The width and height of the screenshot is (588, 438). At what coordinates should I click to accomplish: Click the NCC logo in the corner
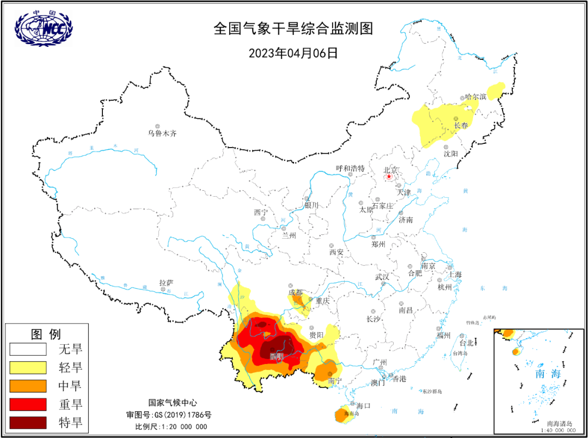click(44, 27)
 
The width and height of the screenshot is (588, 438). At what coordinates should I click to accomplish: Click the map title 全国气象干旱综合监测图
click(293, 28)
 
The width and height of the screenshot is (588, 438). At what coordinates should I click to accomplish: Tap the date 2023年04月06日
click(293, 53)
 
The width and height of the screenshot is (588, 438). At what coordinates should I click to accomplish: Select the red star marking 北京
click(389, 177)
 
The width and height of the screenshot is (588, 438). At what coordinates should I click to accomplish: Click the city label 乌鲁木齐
click(162, 133)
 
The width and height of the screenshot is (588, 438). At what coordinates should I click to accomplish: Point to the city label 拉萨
click(166, 283)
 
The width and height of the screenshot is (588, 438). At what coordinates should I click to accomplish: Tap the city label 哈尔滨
click(475, 96)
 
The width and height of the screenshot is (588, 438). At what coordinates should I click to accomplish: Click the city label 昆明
click(277, 357)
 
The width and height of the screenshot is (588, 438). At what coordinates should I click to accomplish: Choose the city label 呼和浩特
click(350, 168)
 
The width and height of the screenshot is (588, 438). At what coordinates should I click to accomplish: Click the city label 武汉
click(382, 277)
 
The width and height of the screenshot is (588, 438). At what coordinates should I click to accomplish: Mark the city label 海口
click(363, 405)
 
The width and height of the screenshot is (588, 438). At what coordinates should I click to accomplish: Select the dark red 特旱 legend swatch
click(27, 422)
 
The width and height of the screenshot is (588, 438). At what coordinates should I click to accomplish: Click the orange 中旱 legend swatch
click(27, 385)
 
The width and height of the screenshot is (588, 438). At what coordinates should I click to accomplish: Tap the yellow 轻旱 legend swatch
click(27, 367)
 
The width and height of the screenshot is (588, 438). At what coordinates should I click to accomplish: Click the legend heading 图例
click(46, 333)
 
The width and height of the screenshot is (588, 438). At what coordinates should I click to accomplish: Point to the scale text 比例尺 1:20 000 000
click(171, 426)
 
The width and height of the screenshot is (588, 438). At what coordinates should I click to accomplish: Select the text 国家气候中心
click(171, 403)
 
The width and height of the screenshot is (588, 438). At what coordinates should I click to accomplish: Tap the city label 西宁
click(261, 212)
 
